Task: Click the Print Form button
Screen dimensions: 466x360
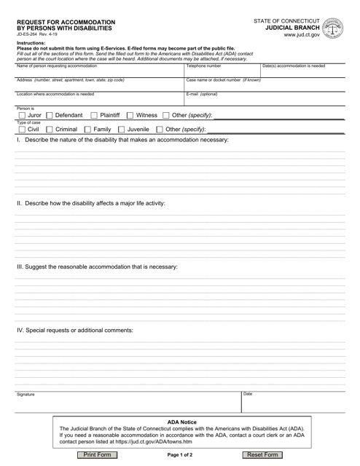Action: tap(98, 454)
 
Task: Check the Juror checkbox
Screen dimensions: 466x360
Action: tap(21, 115)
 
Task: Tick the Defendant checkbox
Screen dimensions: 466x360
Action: tap(50, 115)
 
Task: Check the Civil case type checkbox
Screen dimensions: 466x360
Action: tap(21, 130)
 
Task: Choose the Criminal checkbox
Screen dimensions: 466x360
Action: tap(50, 130)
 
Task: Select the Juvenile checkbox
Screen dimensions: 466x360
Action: tap(122, 130)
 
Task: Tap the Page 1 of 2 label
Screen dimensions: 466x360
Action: tap(179, 455)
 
